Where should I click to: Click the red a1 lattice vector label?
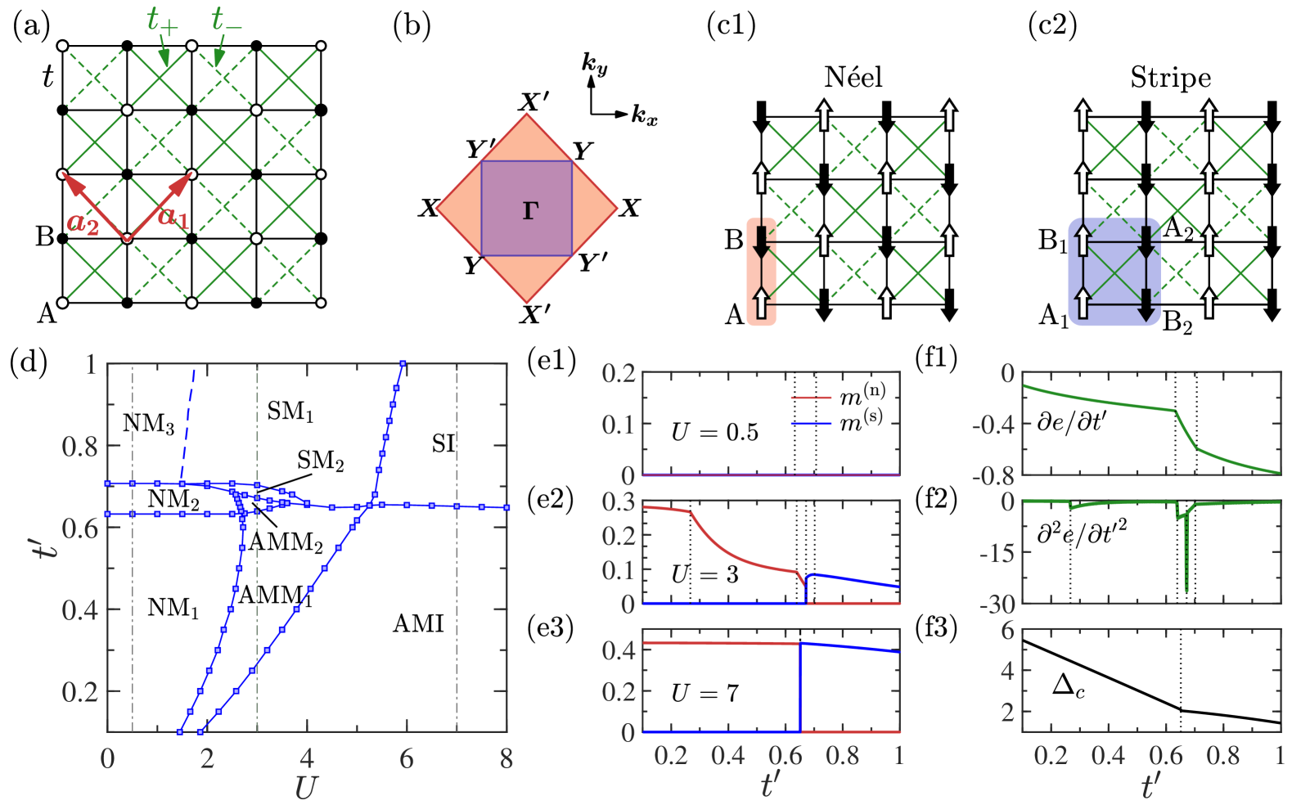click(173, 217)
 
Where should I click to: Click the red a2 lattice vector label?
click(83, 223)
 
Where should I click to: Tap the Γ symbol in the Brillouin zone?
click(530, 211)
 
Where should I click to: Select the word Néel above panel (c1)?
click(853, 78)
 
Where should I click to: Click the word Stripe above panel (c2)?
click(1170, 78)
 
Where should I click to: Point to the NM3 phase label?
click(148, 424)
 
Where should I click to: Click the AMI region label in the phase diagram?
click(418, 624)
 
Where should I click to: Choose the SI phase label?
click(443, 444)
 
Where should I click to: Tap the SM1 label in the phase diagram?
click(290, 411)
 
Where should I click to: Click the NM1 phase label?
click(173, 608)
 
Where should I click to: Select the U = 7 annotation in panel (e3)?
click(705, 694)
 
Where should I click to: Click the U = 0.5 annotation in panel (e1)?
click(714, 432)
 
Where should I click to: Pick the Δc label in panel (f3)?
click(1068, 686)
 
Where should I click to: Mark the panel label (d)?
click(29, 361)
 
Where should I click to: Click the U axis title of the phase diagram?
click(305, 787)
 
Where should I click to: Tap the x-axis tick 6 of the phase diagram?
click(407, 759)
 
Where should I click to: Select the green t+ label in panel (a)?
click(161, 21)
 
